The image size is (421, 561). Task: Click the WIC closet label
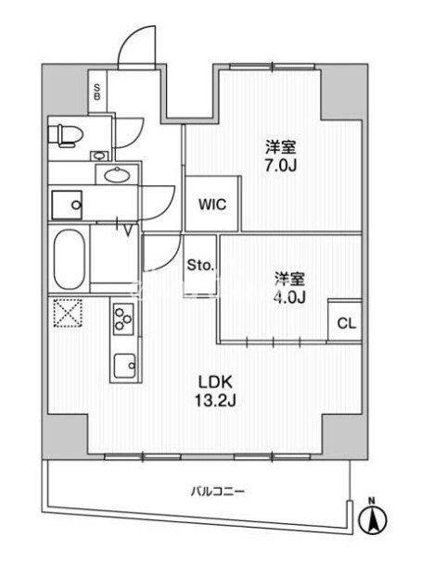click(x=212, y=205)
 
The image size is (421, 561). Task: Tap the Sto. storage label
click(x=200, y=266)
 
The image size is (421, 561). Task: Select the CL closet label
click(x=347, y=323)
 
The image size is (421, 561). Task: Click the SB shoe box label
click(x=97, y=92)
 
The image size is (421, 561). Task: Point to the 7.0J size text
click(x=281, y=166)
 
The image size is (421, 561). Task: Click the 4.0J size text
click(x=290, y=297)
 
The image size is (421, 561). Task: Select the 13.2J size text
click(x=215, y=401)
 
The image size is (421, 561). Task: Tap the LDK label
click(x=216, y=382)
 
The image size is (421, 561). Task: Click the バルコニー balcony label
click(x=217, y=491)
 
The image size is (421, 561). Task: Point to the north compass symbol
click(x=373, y=516)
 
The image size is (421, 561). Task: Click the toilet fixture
click(x=70, y=136)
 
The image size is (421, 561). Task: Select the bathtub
click(x=70, y=259)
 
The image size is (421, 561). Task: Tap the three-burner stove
click(x=123, y=318)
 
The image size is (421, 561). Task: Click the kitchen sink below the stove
click(x=124, y=366)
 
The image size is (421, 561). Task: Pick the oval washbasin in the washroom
click(x=117, y=175)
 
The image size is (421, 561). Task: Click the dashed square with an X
click(x=69, y=313)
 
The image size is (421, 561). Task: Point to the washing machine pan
click(x=67, y=205)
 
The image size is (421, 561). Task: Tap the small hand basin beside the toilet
click(x=98, y=156)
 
